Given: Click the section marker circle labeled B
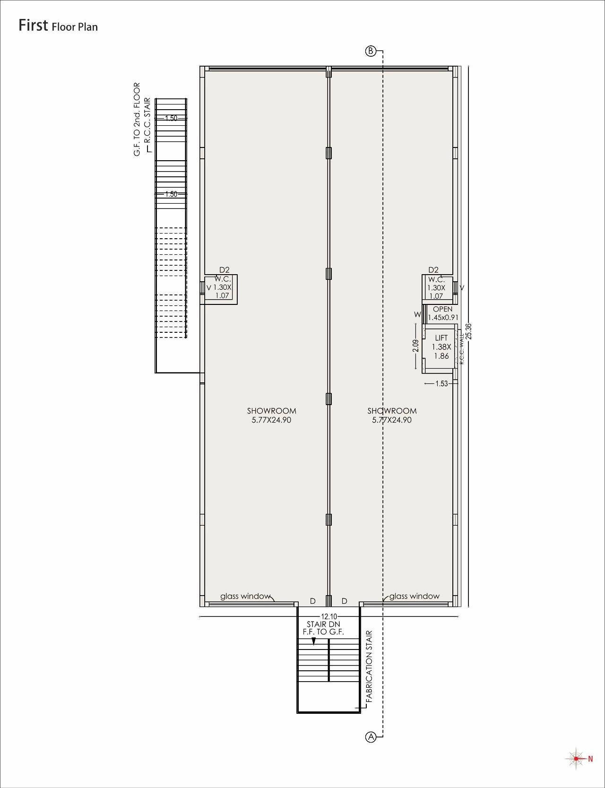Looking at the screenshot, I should click(371, 51).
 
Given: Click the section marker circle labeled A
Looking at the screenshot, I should click(371, 736).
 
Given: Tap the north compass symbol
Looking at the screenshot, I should click(576, 759).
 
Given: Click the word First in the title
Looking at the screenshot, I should click(33, 25).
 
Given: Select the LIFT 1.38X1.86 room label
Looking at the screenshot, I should click(441, 347).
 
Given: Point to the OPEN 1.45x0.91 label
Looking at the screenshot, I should click(442, 313).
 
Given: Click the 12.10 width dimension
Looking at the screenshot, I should click(329, 616).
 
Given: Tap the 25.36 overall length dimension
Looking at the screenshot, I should click(468, 331).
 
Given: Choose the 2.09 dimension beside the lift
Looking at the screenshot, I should click(416, 346).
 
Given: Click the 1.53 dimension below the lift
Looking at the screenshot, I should click(441, 383).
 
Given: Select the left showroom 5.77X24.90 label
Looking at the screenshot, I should click(271, 416).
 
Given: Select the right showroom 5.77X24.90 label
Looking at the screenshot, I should click(392, 416).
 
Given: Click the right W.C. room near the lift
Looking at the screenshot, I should click(436, 287).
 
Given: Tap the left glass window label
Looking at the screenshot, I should click(245, 596).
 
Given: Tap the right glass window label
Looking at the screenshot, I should click(414, 596).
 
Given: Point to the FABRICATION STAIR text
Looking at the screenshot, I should click(369, 666).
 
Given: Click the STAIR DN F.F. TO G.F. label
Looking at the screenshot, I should click(323, 628).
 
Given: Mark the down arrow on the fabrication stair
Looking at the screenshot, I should click(313, 641).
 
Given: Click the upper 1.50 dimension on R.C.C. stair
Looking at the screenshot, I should click(171, 118).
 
